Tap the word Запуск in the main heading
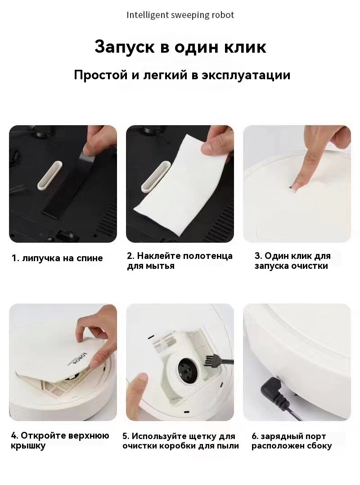click(x=125, y=47)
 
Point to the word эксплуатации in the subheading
click(x=246, y=76)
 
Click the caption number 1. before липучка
click(x=16, y=258)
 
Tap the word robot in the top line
click(x=223, y=15)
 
